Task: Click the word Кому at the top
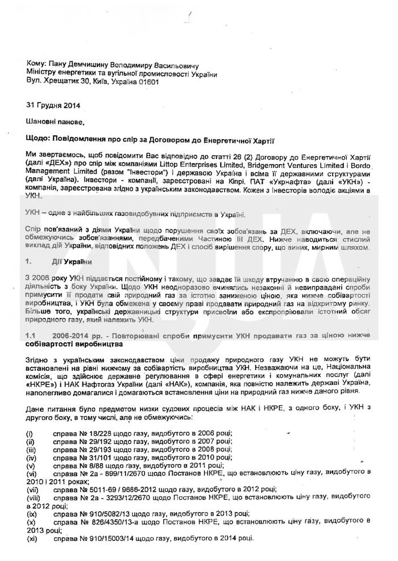(x=36, y=66)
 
